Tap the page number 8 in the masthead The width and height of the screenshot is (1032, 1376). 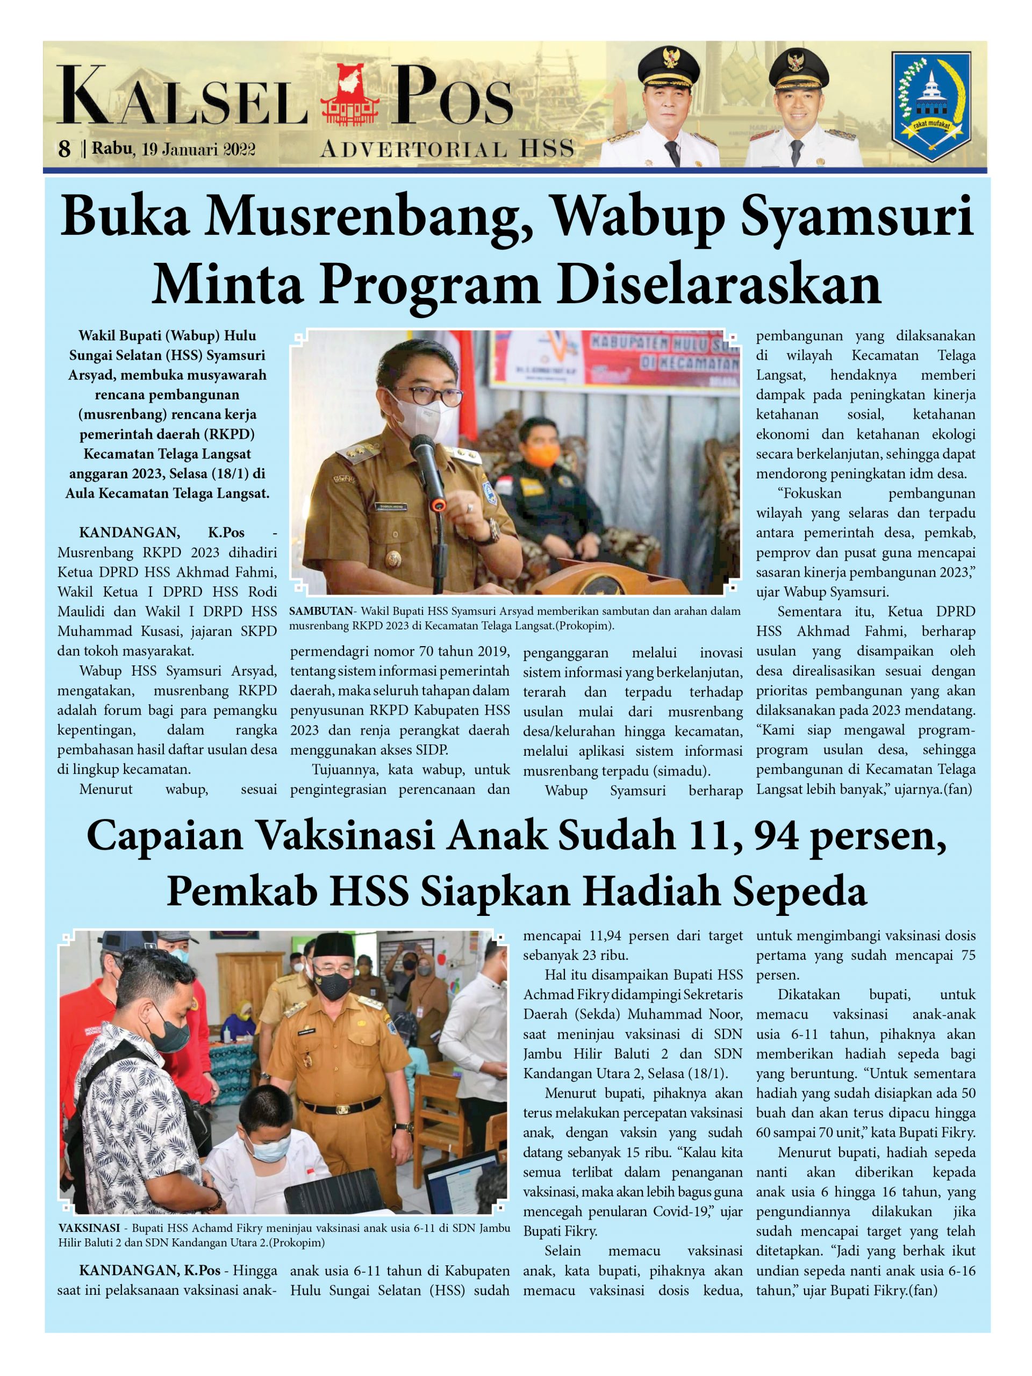coord(64,149)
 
